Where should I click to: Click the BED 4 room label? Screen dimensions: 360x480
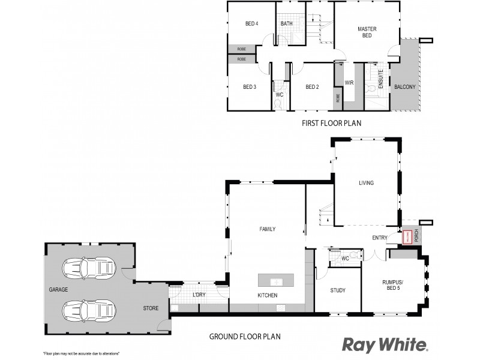point(251,24)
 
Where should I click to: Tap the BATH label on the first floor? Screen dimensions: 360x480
point(286,24)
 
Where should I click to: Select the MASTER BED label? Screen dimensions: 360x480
point(366,32)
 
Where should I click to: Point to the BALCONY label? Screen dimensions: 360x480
point(404,87)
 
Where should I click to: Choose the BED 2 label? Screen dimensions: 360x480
point(311,87)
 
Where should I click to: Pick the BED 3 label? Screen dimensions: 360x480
point(250,87)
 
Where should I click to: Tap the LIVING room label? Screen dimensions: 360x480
point(366,183)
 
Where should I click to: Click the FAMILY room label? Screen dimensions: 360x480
point(267,229)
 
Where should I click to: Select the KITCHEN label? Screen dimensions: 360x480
point(267,295)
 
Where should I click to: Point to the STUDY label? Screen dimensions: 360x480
point(338,291)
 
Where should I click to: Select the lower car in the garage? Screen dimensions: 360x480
point(88,310)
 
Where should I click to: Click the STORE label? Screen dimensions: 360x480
point(151,308)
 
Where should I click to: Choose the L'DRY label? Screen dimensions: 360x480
point(199,294)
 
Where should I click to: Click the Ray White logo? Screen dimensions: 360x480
point(385,344)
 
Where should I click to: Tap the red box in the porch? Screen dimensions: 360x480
point(407,237)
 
